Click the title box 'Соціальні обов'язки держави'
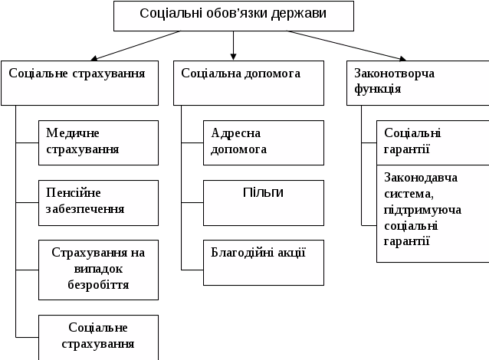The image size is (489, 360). (x=234, y=15)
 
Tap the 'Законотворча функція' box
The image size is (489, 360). (x=417, y=83)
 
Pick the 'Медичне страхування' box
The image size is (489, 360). (x=98, y=142)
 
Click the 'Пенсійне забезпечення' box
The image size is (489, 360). (x=98, y=202)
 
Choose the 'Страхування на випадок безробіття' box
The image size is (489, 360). (x=98, y=269)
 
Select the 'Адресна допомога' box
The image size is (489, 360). (x=264, y=142)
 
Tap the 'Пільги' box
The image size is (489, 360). (x=264, y=202)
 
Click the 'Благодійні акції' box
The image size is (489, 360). (x=264, y=262)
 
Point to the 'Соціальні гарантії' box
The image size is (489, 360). (x=432, y=142)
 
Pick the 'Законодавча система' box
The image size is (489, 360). (x=432, y=214)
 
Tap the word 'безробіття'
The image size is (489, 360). (x=98, y=285)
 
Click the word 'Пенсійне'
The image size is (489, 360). (x=74, y=193)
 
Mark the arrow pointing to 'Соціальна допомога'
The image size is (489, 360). (x=234, y=52)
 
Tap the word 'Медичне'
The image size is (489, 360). (x=73, y=133)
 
